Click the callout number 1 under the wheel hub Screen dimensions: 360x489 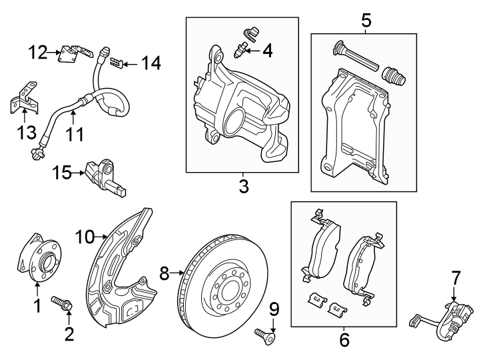click(x=37, y=306)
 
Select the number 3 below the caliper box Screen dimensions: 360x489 click(x=244, y=187)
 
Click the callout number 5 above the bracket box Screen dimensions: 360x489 click(x=366, y=21)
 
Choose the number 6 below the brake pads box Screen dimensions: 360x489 click(x=343, y=339)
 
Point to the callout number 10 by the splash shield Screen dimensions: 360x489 click(x=86, y=236)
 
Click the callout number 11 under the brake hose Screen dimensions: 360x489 click(x=75, y=135)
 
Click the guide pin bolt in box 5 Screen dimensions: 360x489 click(x=353, y=57)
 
